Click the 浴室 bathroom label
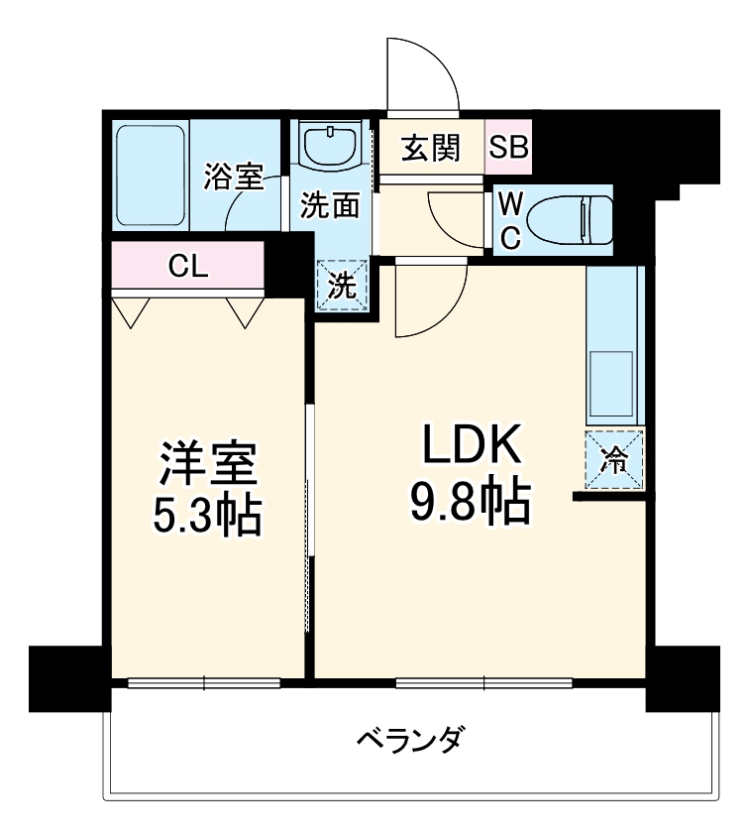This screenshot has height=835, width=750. [233, 178]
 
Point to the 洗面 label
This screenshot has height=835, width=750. [329, 206]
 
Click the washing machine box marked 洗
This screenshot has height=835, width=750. [342, 285]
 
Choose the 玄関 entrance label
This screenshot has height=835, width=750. [430, 148]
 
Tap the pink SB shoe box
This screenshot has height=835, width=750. [509, 148]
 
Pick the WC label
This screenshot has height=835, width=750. [509, 220]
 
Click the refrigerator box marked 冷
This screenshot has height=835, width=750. [614, 461]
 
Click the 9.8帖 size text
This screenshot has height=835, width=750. [471, 506]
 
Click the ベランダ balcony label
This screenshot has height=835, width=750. [410, 741]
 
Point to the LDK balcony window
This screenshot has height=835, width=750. [484, 682]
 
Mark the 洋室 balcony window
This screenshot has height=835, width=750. [204, 682]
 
